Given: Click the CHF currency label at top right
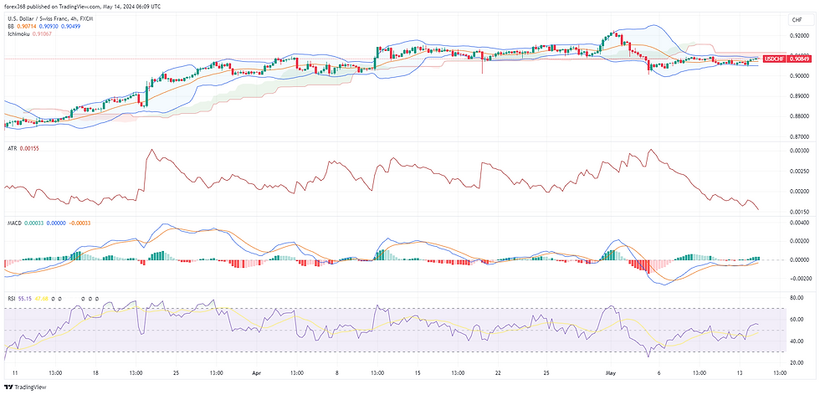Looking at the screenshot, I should (x=796, y=19).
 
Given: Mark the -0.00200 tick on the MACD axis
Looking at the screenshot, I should (x=798, y=279).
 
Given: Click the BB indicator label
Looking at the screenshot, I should (x=10, y=27).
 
